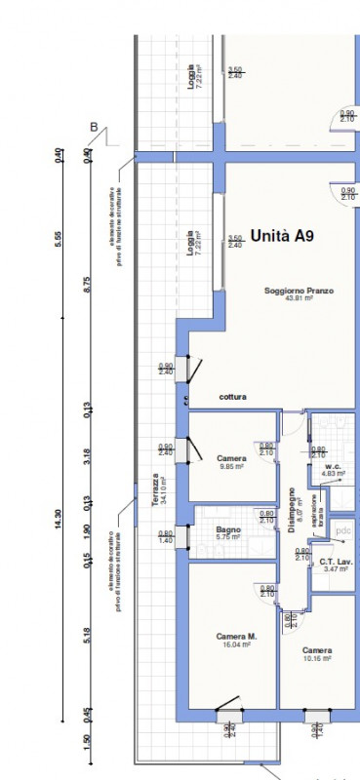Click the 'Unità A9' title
point(282,236)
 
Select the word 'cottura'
point(232,397)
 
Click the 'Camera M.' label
point(236,637)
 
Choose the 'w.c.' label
point(332,466)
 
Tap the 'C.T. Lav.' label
point(336,560)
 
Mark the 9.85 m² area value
point(230,466)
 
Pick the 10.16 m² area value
point(317,658)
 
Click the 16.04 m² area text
point(236,644)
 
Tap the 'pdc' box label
point(342,530)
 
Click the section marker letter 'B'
point(94,127)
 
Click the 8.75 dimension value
point(88,284)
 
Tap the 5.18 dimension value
point(88,636)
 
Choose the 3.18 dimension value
point(88,455)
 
